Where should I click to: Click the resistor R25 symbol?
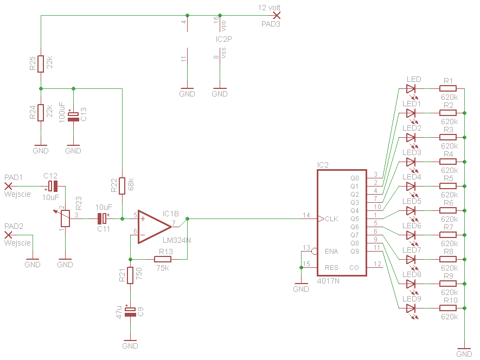[x=41, y=64]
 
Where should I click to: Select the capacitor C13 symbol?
[x=73, y=117]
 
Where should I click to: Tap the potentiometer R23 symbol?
[x=65, y=218]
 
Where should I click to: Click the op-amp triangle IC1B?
[x=155, y=227]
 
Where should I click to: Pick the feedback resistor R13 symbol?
[x=163, y=259]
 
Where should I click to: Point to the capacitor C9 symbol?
[x=130, y=312]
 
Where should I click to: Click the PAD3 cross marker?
[x=277, y=15]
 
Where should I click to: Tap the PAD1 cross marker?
[x=8, y=186]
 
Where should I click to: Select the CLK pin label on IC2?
[x=331, y=219]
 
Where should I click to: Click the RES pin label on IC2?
[x=331, y=267]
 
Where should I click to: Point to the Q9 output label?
[x=355, y=252]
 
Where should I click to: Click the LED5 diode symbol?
[x=411, y=210]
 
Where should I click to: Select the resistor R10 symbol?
[x=448, y=308]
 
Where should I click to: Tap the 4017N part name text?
[x=328, y=281]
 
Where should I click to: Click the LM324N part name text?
[x=177, y=240]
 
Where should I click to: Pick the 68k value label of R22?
[x=131, y=184]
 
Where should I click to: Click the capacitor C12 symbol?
[x=53, y=186]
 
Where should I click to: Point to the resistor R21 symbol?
[x=130, y=275]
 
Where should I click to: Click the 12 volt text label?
[x=269, y=8]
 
